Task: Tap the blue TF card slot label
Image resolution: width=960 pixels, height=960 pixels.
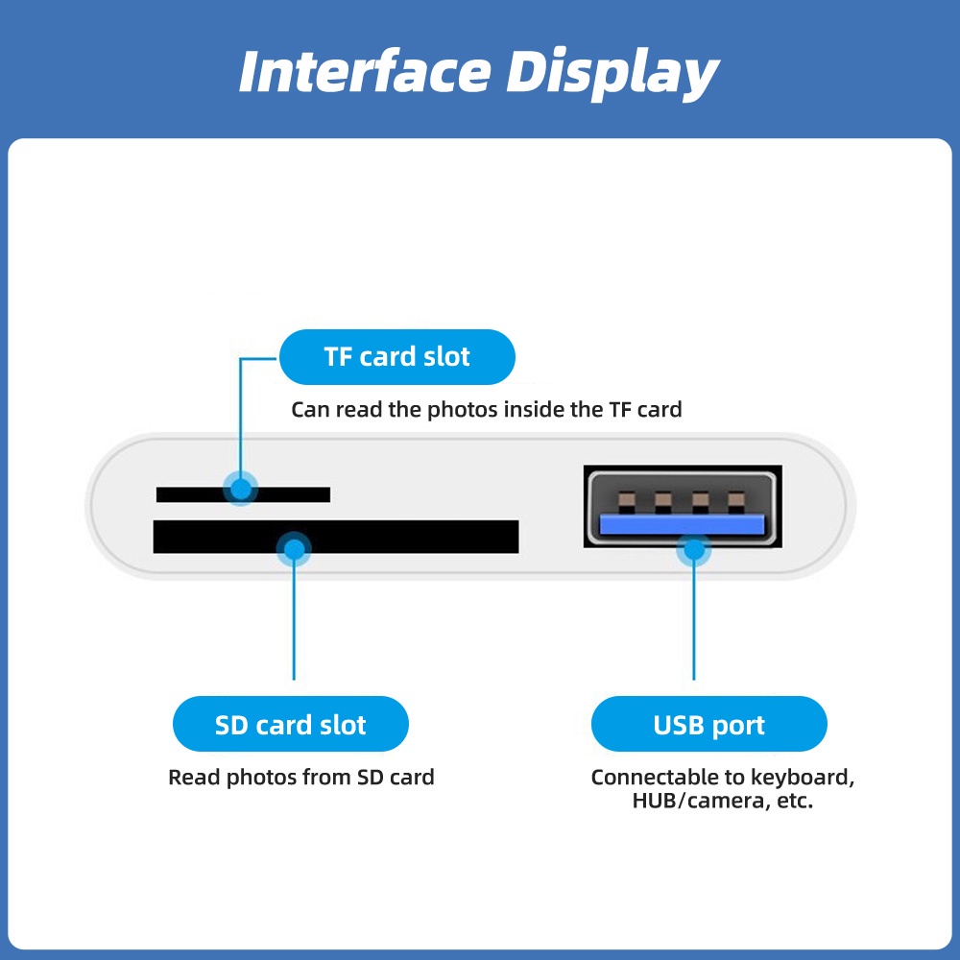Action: pos(396,357)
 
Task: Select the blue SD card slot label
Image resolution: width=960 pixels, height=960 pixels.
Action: pos(290,724)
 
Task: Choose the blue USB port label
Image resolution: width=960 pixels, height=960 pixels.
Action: pos(708,724)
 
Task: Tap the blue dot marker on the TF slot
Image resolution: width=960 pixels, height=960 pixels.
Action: pos(241,489)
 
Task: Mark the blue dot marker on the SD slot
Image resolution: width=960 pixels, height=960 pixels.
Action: pos(294,549)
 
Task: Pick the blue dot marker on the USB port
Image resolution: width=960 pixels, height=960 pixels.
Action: pos(693,551)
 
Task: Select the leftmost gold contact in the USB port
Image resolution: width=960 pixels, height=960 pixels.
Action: pos(627,500)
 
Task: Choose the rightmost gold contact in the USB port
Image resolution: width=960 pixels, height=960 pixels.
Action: pos(736,500)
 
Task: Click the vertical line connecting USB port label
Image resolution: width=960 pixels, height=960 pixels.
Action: pos(693,624)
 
